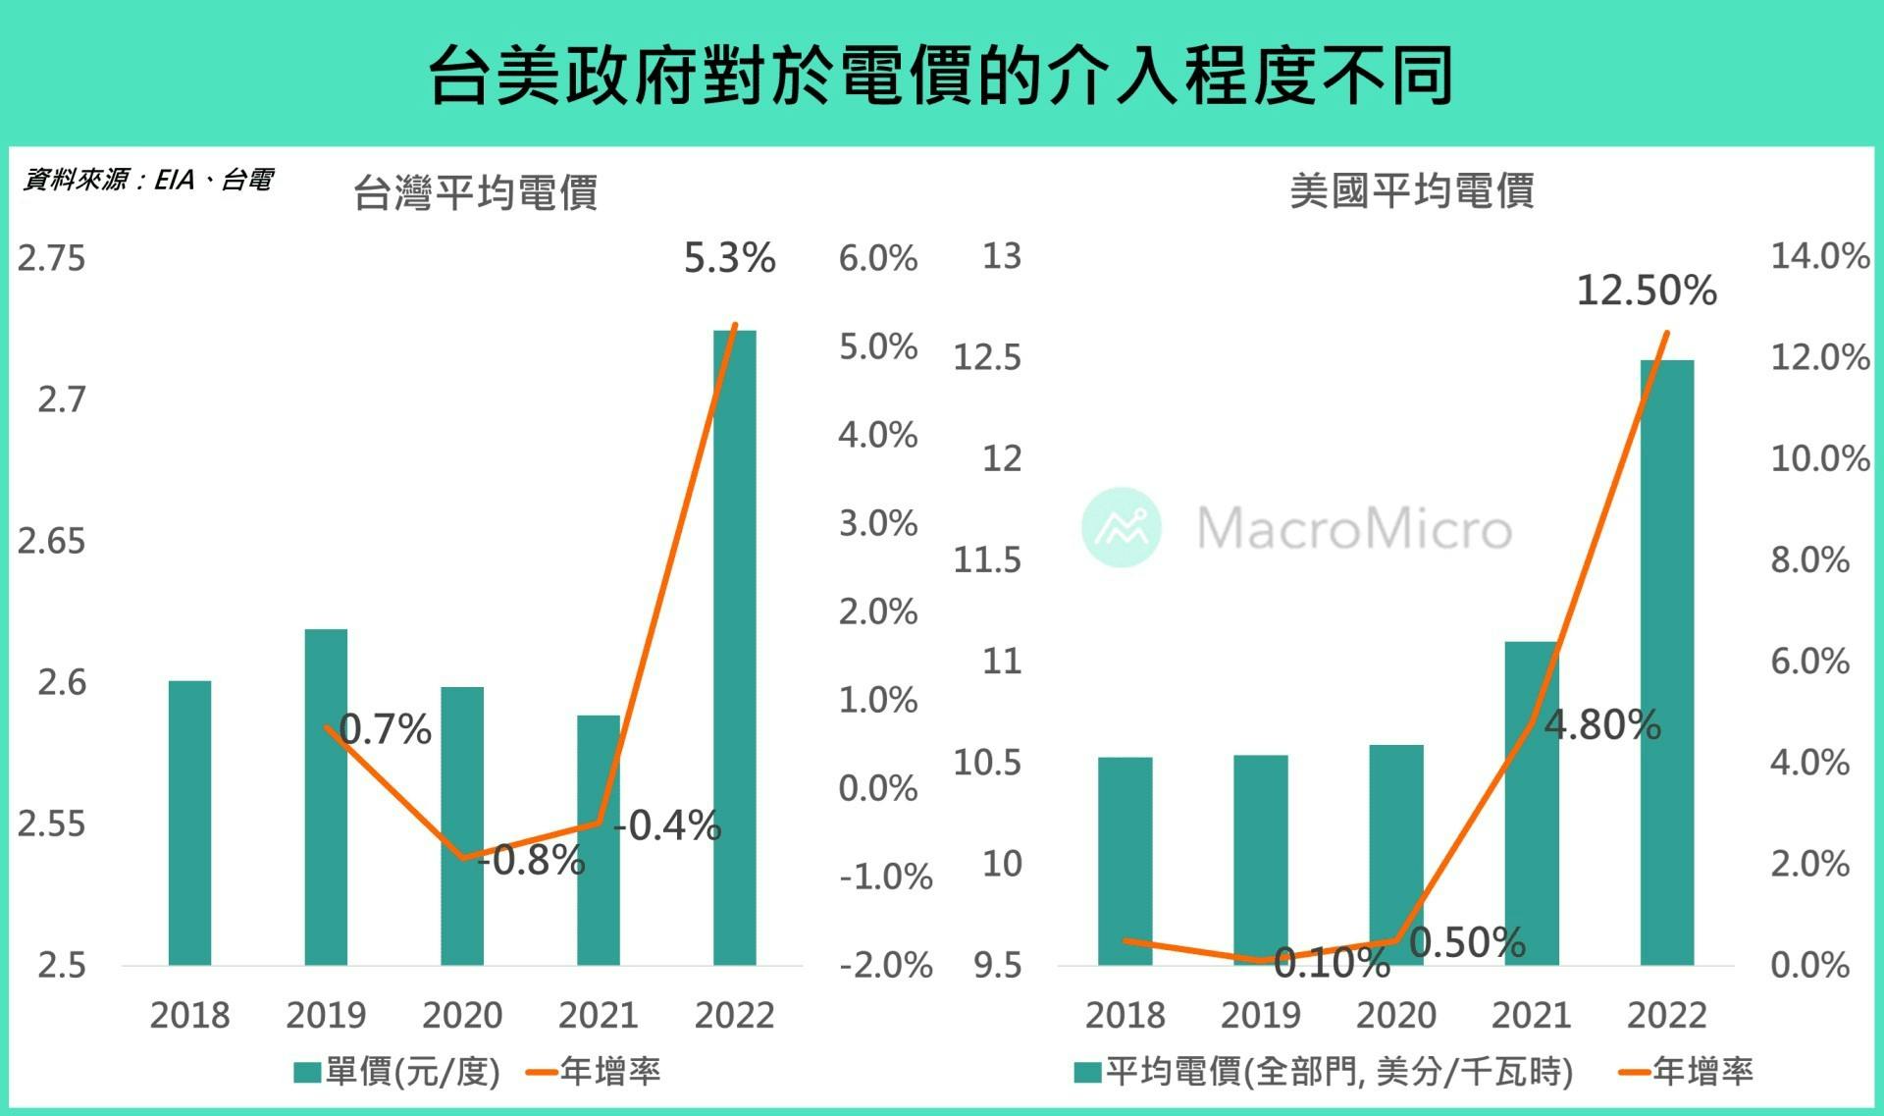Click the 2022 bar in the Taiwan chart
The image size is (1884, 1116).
click(734, 648)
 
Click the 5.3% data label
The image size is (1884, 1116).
click(729, 258)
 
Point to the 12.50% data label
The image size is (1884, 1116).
click(1647, 291)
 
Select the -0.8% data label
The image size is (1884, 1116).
click(532, 861)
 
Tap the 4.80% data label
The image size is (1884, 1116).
click(1602, 725)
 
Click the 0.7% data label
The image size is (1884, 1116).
click(385, 729)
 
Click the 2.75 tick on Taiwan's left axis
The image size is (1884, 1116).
click(51, 258)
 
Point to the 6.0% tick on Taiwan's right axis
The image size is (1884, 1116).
click(877, 258)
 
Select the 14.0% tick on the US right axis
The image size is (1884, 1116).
click(1819, 256)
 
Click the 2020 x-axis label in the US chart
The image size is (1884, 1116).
click(1395, 1015)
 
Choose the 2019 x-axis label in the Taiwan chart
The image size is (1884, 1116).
click(326, 1015)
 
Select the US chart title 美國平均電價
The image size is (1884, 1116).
click(1411, 190)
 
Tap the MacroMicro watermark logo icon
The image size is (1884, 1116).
click(1121, 527)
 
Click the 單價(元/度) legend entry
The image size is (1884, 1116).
click(397, 1071)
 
